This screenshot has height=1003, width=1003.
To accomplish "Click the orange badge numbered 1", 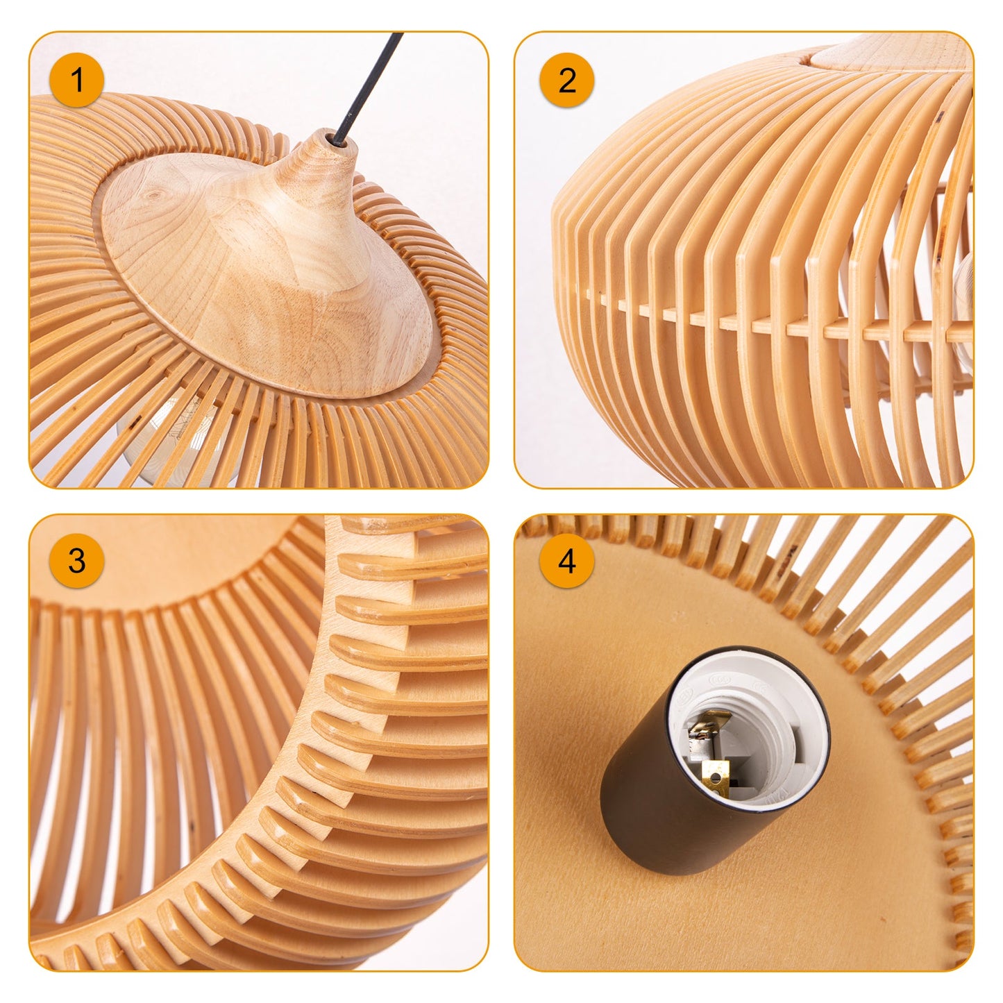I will tap(77, 80).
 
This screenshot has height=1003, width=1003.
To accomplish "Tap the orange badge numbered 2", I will tap(566, 80).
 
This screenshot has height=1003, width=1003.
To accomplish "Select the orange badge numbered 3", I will tap(77, 561).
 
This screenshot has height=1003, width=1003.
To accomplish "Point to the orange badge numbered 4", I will tap(566, 561).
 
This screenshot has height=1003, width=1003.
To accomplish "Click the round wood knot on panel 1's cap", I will tap(152, 201).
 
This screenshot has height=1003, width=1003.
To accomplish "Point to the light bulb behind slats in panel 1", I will tap(167, 444).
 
